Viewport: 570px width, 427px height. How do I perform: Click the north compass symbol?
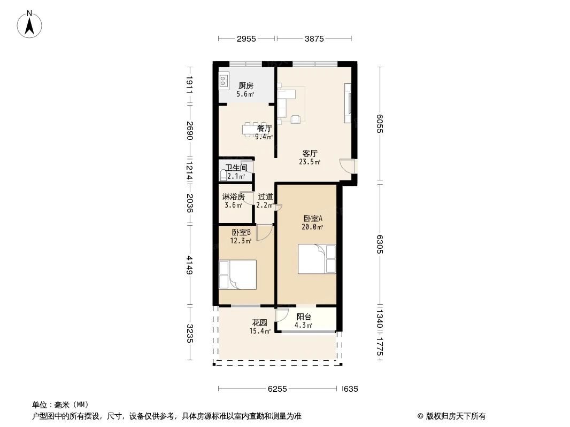[x=30, y=24]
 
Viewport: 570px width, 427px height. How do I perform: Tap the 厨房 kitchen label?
[x=245, y=85]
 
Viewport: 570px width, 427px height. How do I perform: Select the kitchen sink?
[x=224, y=81]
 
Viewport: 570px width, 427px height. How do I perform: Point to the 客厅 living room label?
[x=310, y=153]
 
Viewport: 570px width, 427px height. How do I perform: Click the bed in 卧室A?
[x=317, y=259]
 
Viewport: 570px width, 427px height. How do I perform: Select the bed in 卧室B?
[x=237, y=274]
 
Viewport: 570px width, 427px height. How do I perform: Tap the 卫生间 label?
[x=236, y=168]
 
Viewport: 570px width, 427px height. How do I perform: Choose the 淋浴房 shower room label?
[x=234, y=196]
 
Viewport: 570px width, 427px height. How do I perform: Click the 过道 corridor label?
[x=265, y=196]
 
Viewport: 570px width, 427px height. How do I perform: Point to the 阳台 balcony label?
[x=304, y=317]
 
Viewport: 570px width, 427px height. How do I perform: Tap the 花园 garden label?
[x=260, y=323]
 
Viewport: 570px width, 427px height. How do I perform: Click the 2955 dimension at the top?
[x=247, y=38]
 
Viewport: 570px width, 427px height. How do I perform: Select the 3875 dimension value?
[x=314, y=38]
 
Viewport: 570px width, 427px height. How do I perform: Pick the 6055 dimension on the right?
[x=381, y=124]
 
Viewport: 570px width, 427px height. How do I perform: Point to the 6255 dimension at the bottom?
[x=278, y=389]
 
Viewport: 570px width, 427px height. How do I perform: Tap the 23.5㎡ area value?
[x=310, y=162]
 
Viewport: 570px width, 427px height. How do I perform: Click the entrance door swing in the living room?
[x=348, y=165]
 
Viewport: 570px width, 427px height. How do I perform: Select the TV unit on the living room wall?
[x=349, y=102]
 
